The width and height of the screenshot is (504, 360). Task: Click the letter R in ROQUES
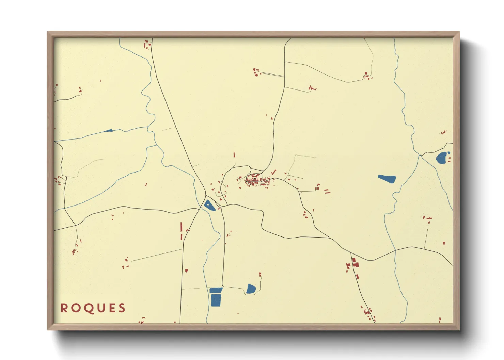[64, 308]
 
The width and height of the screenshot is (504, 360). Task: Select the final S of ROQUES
[122, 308]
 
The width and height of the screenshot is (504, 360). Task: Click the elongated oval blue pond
[387, 178]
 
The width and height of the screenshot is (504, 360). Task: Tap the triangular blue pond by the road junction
[209, 205]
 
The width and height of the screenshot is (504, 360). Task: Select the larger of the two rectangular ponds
[216, 300]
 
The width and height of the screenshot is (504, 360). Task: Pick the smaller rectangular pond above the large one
[216, 290]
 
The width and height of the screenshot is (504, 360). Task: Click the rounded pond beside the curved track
[251, 289]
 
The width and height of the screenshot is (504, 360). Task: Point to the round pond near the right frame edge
[442, 158]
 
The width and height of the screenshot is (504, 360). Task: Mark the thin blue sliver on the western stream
[108, 131]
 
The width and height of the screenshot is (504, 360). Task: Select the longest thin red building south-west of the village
[181, 227]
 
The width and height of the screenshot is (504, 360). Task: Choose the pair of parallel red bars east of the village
[327, 192]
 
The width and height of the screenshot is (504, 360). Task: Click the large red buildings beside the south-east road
[355, 263]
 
